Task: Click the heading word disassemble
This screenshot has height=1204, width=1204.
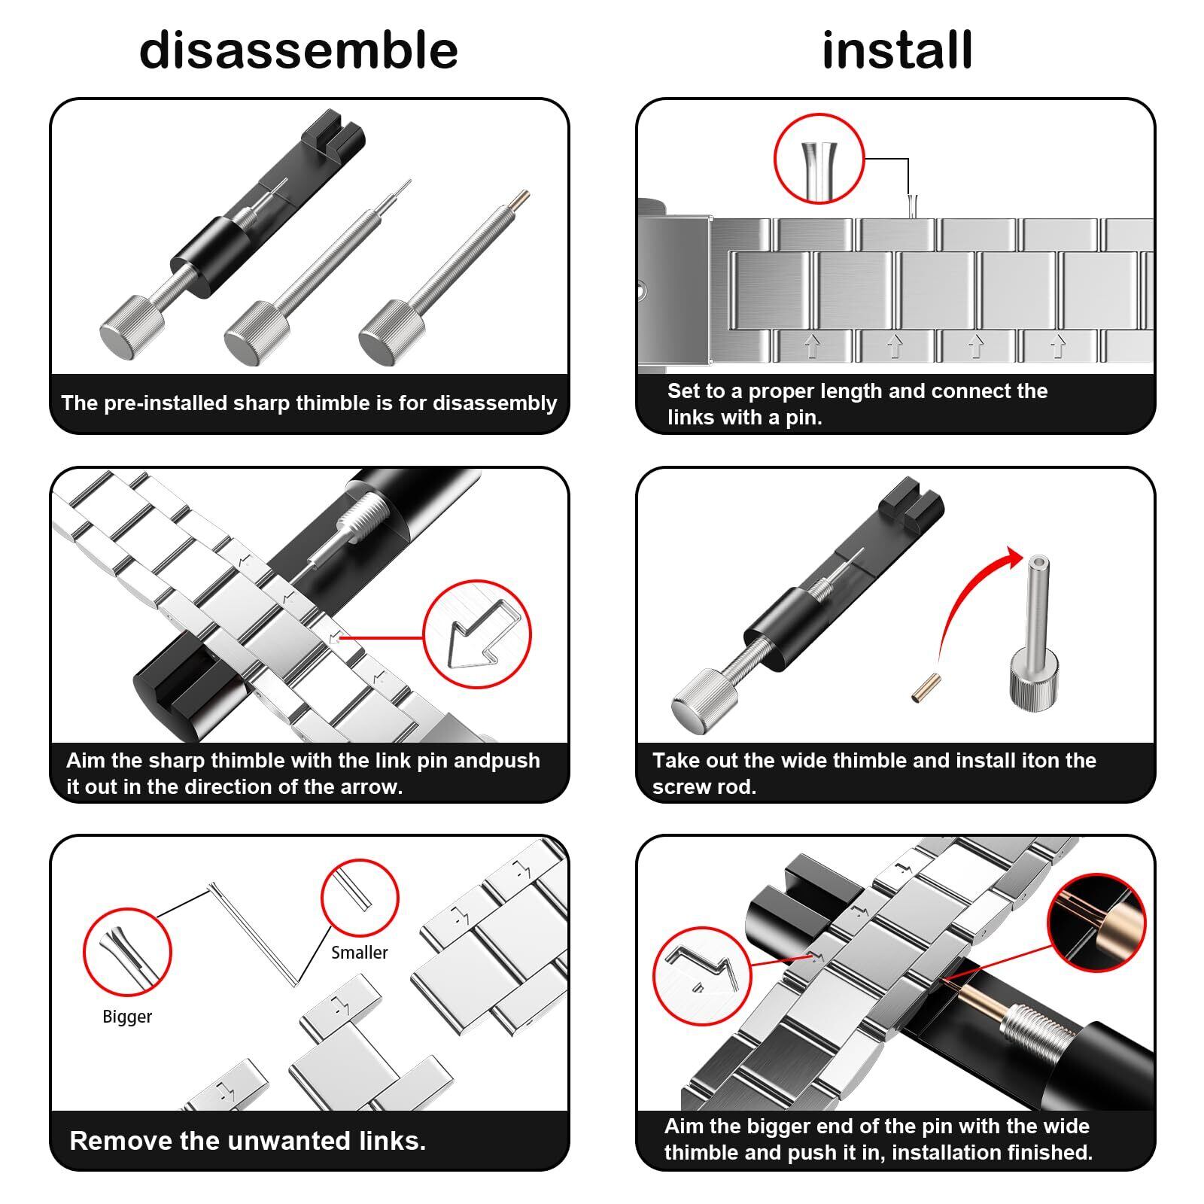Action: tap(299, 50)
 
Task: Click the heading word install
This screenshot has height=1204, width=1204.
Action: tap(897, 50)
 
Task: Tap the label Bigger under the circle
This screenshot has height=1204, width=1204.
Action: tap(127, 1017)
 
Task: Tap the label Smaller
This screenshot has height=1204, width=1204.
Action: tap(360, 953)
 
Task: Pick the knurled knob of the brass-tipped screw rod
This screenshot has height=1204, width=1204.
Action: tap(391, 333)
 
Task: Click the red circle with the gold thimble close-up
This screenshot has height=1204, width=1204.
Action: tap(1096, 923)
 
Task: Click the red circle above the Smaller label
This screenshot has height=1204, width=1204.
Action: tap(360, 898)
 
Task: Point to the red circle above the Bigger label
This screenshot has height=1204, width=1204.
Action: tap(127, 953)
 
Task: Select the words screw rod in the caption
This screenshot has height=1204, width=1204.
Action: tap(704, 787)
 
